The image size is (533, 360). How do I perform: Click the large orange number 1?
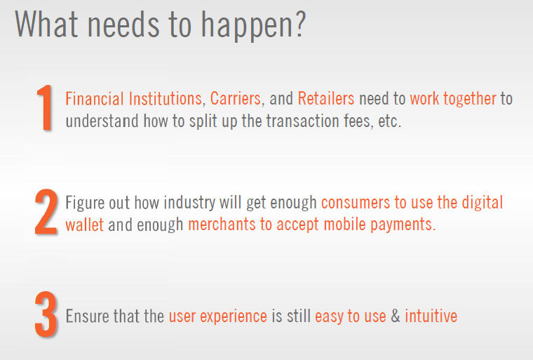[x=45, y=107]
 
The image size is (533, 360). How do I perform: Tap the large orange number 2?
[x=46, y=212]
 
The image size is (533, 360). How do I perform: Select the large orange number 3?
[x=46, y=314]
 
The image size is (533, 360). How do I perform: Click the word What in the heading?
[x=46, y=24]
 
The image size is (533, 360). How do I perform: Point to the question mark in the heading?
[x=300, y=24]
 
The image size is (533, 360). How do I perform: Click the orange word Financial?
[x=95, y=99]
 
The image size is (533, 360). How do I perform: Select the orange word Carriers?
[x=235, y=99]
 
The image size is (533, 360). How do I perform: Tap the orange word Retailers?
[x=326, y=99]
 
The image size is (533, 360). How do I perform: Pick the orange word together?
[x=470, y=100]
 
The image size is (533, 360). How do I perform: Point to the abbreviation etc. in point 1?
[x=389, y=122]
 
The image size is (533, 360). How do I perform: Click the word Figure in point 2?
[x=85, y=204]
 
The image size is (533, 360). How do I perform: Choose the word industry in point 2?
[x=189, y=204]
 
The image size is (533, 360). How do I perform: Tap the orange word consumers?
[x=356, y=203]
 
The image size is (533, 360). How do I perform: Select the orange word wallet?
[x=84, y=225]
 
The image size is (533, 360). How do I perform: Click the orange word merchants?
[x=222, y=225]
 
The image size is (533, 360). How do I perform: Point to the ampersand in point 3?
[x=396, y=316]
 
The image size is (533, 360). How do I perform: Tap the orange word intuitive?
[x=431, y=316]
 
